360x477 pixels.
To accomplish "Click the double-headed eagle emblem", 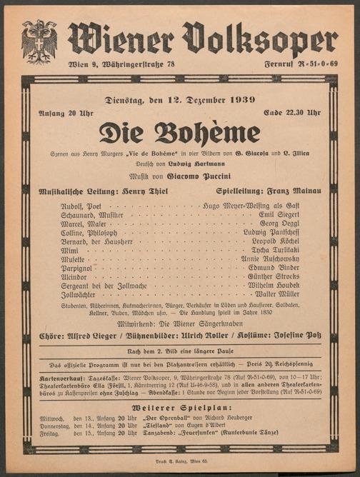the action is point(39,41).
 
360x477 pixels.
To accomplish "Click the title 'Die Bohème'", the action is point(179,134).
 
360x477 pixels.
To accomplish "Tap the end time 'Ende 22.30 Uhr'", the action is point(292,113).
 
